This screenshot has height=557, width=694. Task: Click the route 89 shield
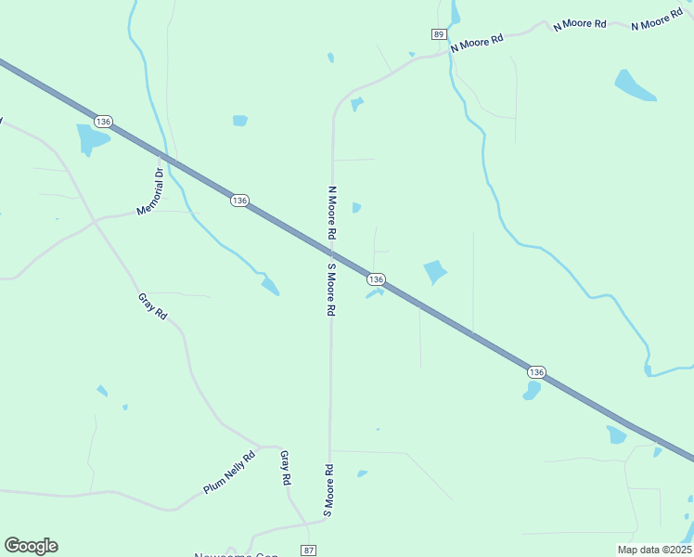(x=438, y=33)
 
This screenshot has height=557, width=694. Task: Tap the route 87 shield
(x=308, y=551)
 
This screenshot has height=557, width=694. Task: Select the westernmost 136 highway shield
(x=103, y=122)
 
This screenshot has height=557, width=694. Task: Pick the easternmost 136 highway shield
(x=535, y=371)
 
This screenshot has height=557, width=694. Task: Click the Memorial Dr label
(x=149, y=191)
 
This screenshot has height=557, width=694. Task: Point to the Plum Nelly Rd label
(x=229, y=473)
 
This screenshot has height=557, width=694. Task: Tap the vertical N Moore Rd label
(x=331, y=214)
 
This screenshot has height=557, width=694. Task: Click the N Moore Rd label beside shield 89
(x=477, y=43)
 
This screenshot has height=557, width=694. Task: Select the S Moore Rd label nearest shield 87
(x=328, y=489)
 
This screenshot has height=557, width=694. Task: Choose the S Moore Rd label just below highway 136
(x=330, y=290)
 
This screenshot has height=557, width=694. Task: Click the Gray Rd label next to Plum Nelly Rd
(x=286, y=468)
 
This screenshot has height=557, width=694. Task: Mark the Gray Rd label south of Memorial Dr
(x=152, y=306)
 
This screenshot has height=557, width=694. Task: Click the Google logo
(x=31, y=546)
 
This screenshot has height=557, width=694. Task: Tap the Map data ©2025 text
(x=653, y=550)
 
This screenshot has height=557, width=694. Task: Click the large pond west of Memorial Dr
(x=91, y=139)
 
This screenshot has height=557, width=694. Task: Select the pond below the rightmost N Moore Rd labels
(x=635, y=86)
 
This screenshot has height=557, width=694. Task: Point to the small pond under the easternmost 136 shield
(x=531, y=391)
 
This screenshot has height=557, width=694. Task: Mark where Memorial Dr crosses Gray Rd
(x=95, y=221)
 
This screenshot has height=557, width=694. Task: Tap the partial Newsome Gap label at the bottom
(x=236, y=553)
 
